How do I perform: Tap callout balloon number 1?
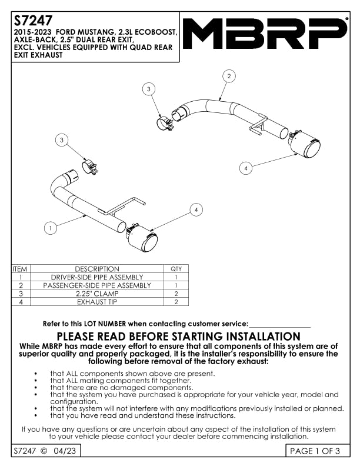coord(51,227)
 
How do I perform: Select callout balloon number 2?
coord(229,75)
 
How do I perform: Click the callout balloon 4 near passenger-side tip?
coord(246,168)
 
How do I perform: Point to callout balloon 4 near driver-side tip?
coord(197,209)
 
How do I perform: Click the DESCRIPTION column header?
coord(97,269)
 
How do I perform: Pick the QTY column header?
coord(176,269)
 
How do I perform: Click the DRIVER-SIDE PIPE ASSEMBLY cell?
coord(97,277)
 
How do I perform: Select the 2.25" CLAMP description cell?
coord(97,293)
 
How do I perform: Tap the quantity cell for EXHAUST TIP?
coord(176,301)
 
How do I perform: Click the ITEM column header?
coord(20,269)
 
